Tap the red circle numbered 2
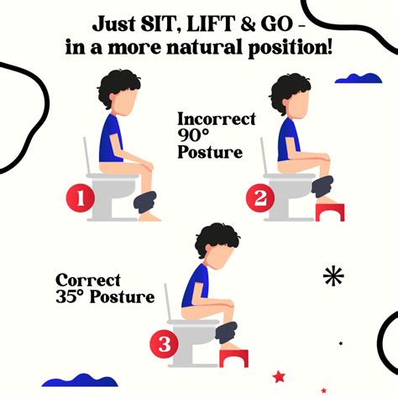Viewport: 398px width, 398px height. [x=258, y=199]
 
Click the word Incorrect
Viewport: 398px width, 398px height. [x=216, y=119]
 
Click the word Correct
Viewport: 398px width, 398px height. [x=89, y=280]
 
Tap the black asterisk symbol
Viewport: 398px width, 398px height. [x=333, y=276]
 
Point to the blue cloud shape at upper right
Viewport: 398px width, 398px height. [x=358, y=78]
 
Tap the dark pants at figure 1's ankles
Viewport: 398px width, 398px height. [x=144, y=202]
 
